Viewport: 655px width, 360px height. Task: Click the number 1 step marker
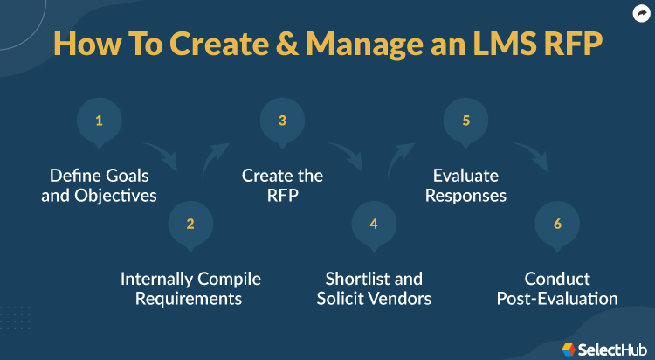[x=99, y=121]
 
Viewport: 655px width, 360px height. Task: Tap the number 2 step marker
[x=190, y=224]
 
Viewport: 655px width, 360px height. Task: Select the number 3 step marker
[x=282, y=121]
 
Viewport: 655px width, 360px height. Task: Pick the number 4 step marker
[x=374, y=224]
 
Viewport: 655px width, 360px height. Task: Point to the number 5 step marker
[x=465, y=121]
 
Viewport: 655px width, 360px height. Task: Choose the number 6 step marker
[x=557, y=224]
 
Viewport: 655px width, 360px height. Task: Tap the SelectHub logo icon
[x=569, y=349]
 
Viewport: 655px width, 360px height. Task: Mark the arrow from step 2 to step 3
[x=215, y=157]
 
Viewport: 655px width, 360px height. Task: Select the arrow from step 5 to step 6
[x=530, y=156]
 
